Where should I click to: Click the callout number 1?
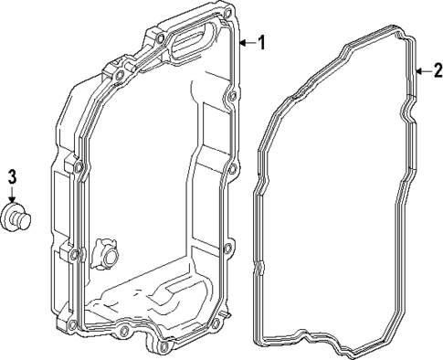[261, 43]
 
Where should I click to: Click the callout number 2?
[437, 70]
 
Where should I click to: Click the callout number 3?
[12, 176]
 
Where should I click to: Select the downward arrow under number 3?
[12, 194]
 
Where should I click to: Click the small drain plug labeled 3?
[16, 217]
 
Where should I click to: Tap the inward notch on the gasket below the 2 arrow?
[405, 114]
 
